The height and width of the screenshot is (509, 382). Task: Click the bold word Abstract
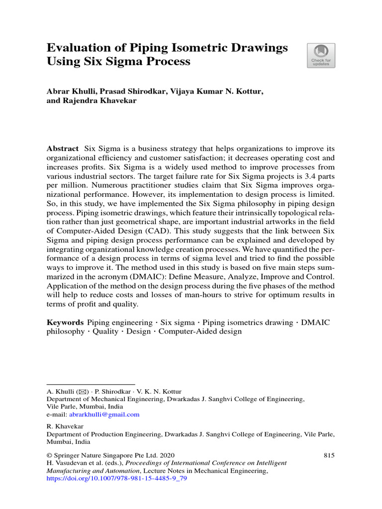click(63, 149)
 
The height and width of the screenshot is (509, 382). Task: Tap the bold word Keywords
click(65, 323)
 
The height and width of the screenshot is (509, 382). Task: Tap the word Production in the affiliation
click(106, 434)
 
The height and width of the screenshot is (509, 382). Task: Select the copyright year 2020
click(166, 455)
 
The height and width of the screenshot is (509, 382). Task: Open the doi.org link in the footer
click(116, 479)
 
